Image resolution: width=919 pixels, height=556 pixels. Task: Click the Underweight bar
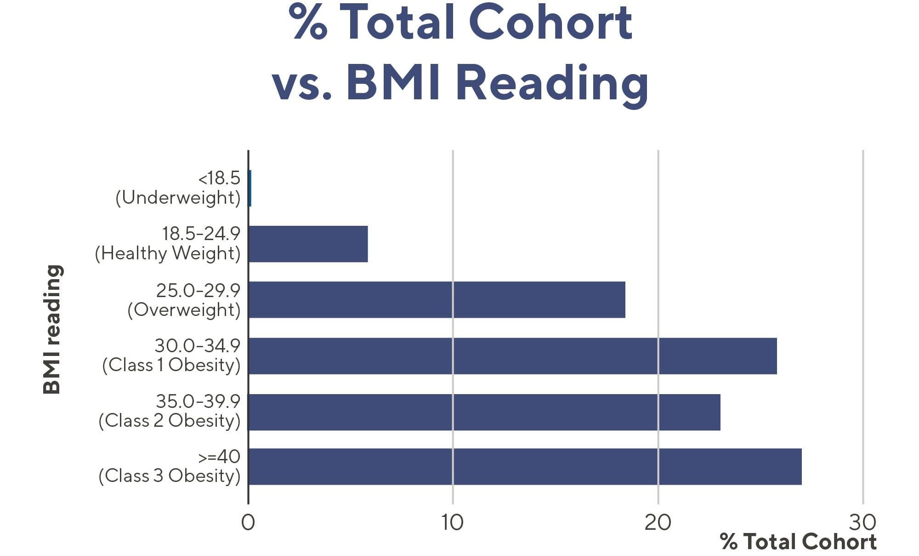250,188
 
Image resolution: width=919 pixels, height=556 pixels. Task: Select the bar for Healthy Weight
308,244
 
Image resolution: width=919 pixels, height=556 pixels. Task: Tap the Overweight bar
437,299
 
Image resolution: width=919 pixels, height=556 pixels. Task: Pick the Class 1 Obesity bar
512,356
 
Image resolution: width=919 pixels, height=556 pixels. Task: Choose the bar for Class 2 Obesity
484,412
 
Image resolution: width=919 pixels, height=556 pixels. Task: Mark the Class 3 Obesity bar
525,466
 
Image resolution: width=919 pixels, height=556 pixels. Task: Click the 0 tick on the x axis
248,522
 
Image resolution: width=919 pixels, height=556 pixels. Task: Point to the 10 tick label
453,522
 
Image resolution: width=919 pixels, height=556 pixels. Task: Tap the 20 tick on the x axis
658,522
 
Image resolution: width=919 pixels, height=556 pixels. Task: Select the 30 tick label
862,522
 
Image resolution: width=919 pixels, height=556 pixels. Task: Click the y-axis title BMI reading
52,329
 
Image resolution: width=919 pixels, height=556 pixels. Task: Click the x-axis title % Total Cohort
798,542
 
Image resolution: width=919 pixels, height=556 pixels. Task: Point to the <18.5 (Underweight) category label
178,188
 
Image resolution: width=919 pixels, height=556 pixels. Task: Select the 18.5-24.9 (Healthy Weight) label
168,243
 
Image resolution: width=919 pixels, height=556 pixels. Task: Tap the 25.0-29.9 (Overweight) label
184,300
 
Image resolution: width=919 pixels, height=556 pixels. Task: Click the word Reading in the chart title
552,83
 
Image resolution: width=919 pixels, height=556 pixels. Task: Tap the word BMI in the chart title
392,83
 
